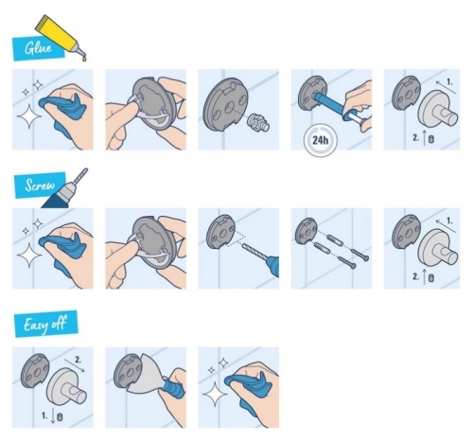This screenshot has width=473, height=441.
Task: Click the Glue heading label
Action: tap(39, 48)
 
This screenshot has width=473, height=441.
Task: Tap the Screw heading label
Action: tap(40, 185)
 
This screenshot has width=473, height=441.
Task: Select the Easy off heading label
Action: tap(46, 324)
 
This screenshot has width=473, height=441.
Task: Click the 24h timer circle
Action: tap(321, 140)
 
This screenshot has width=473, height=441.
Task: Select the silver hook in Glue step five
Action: tap(437, 110)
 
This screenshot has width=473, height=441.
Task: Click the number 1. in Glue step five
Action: tap(449, 82)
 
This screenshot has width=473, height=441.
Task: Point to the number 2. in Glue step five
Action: tap(416, 137)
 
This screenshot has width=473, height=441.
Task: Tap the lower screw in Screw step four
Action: tap(347, 262)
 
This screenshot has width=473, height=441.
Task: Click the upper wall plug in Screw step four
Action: tap(335, 240)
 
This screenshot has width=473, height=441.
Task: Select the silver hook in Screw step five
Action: tap(437, 248)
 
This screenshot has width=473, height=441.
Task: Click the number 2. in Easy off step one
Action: tap(79, 360)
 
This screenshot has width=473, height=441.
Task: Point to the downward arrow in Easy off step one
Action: tap(53, 417)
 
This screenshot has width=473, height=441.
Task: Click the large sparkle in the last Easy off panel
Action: tap(215, 394)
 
